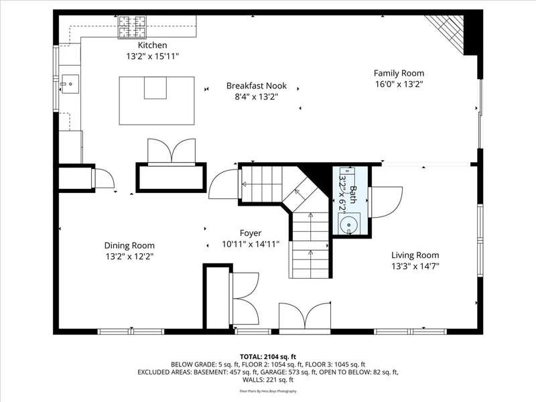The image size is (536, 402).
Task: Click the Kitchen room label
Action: point(153,45)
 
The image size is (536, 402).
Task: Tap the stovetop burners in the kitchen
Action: point(132,27)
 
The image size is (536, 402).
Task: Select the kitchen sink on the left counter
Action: point(70,84)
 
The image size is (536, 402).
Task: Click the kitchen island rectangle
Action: point(157,101)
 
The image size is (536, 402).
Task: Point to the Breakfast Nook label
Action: point(257,86)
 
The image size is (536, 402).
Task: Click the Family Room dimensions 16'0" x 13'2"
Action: point(399,84)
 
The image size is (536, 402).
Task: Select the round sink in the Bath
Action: point(348,224)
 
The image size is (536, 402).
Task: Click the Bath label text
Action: point(353,194)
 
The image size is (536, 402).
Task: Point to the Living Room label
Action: point(415,255)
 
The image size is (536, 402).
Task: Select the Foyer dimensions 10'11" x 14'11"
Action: point(251,245)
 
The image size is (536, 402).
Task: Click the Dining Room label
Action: point(129,245)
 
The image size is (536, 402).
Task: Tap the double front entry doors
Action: point(305,316)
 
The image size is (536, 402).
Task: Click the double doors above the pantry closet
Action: point(172,152)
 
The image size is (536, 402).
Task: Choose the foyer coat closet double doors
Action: point(245,298)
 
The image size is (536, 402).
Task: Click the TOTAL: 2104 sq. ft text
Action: point(267,357)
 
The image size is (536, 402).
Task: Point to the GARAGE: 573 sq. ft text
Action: point(289,372)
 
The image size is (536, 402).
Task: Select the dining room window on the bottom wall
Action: point(131,331)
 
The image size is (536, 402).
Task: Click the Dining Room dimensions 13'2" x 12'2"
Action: point(129,257)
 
